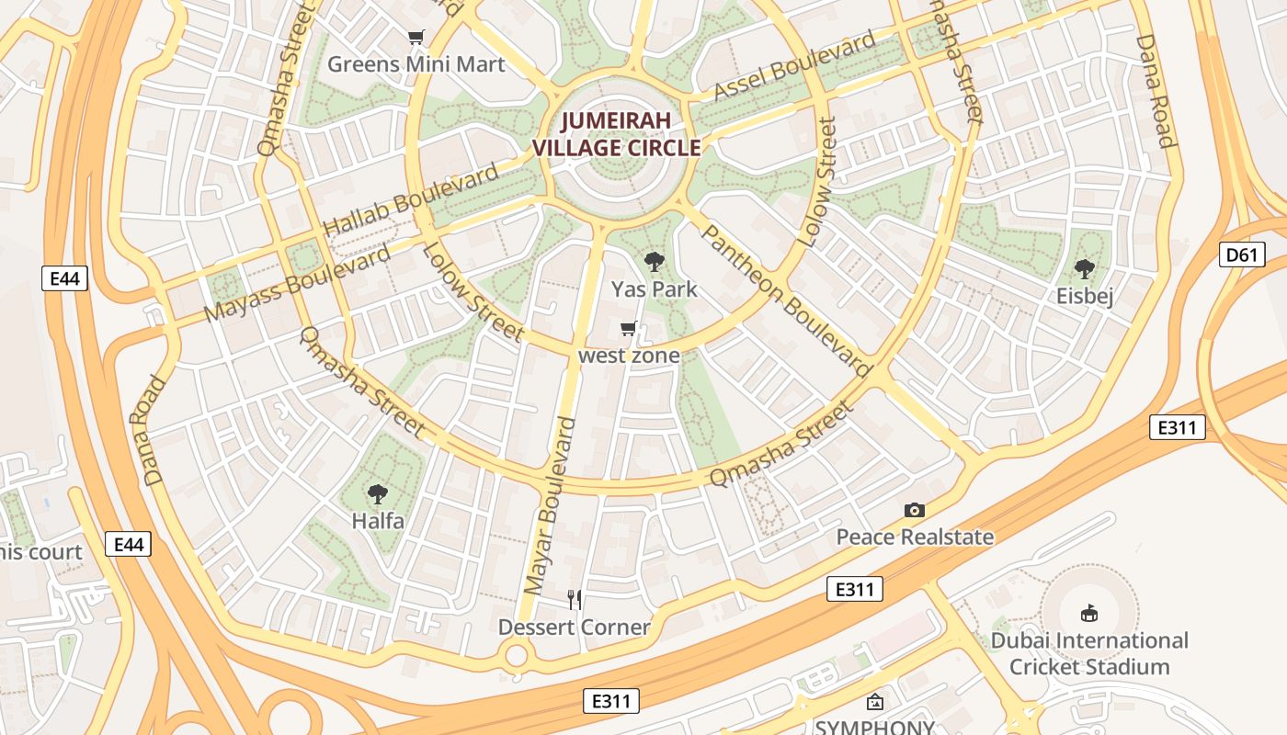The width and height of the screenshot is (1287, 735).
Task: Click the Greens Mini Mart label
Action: click(x=416, y=64)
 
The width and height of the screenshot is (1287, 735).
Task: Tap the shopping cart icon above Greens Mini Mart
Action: click(x=416, y=38)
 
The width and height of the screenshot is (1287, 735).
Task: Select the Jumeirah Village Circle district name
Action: click(x=616, y=134)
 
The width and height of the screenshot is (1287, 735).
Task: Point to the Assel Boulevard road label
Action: click(x=795, y=66)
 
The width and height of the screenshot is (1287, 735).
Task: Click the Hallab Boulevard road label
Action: click(x=411, y=199)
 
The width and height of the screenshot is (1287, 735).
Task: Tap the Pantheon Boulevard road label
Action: click(x=786, y=299)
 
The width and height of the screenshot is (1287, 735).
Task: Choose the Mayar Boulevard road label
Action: click(x=550, y=505)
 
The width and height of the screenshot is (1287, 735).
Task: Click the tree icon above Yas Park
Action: click(x=654, y=262)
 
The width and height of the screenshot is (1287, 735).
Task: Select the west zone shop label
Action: click(x=630, y=356)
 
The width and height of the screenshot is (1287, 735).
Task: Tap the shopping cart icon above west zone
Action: click(x=629, y=328)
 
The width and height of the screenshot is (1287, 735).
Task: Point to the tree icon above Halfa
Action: click(x=377, y=494)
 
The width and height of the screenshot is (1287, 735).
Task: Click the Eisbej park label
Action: click(x=1085, y=296)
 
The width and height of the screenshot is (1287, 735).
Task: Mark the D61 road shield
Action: click(x=1240, y=254)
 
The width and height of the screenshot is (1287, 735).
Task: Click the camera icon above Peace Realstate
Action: click(x=914, y=510)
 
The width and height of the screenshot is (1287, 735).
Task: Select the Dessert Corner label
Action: click(x=574, y=628)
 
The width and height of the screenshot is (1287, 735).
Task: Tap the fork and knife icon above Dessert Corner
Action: click(x=575, y=600)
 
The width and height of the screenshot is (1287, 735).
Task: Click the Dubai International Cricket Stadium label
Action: click(x=1089, y=653)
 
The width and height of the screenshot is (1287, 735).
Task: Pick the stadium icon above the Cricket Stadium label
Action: click(x=1089, y=612)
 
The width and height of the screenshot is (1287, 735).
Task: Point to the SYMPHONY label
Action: click(x=874, y=727)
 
